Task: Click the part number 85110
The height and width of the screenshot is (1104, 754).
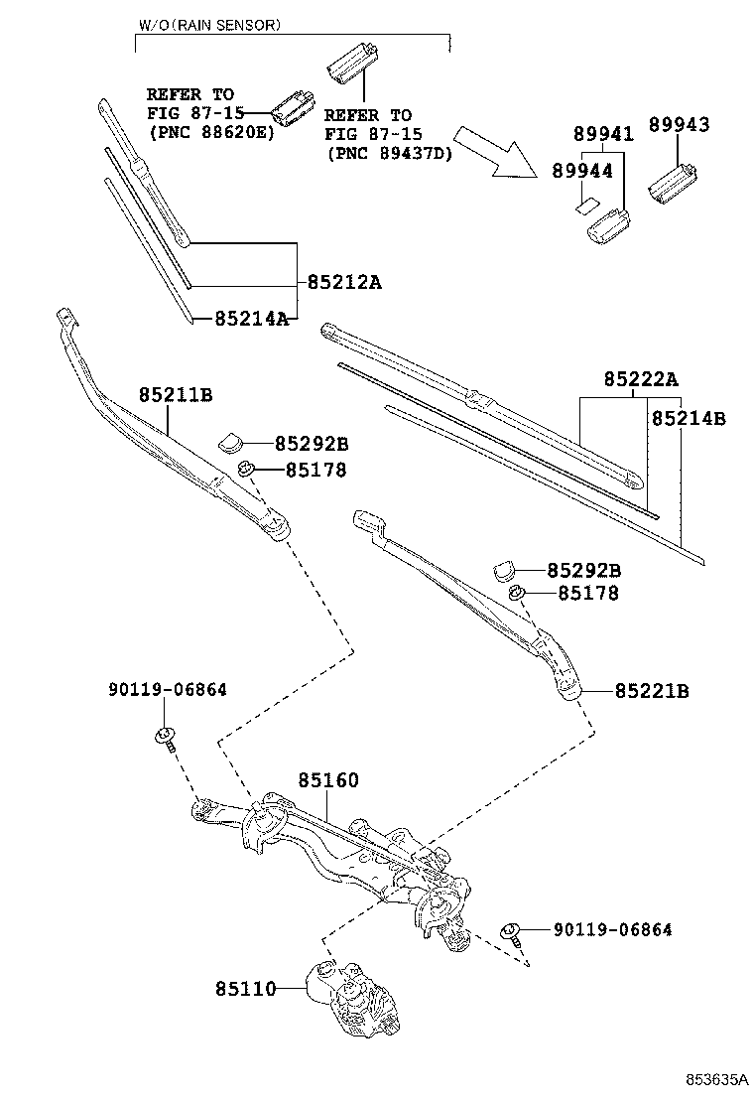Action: point(245,989)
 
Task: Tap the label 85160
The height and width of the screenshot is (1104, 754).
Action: point(327,780)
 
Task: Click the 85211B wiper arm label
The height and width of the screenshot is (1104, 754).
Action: point(176,394)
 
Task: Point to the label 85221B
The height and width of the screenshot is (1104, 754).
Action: point(652,691)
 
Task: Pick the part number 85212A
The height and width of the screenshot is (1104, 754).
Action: point(344,282)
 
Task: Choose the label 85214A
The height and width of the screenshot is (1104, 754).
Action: point(252,319)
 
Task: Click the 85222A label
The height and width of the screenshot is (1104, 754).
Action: point(641,380)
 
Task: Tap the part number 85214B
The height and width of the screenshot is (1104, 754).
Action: point(689,418)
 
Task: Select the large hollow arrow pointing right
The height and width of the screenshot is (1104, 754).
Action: point(495,153)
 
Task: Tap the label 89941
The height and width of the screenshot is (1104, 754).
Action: point(603,134)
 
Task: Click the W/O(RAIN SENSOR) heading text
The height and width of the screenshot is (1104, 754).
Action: point(209,26)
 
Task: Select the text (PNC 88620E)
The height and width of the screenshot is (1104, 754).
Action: point(211,132)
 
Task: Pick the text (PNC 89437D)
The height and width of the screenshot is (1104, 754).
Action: point(388,153)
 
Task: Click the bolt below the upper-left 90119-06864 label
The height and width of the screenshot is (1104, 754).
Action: point(166,740)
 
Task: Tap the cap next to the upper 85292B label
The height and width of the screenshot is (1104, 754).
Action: point(229,443)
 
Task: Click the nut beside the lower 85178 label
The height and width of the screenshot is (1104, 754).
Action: point(516,593)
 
